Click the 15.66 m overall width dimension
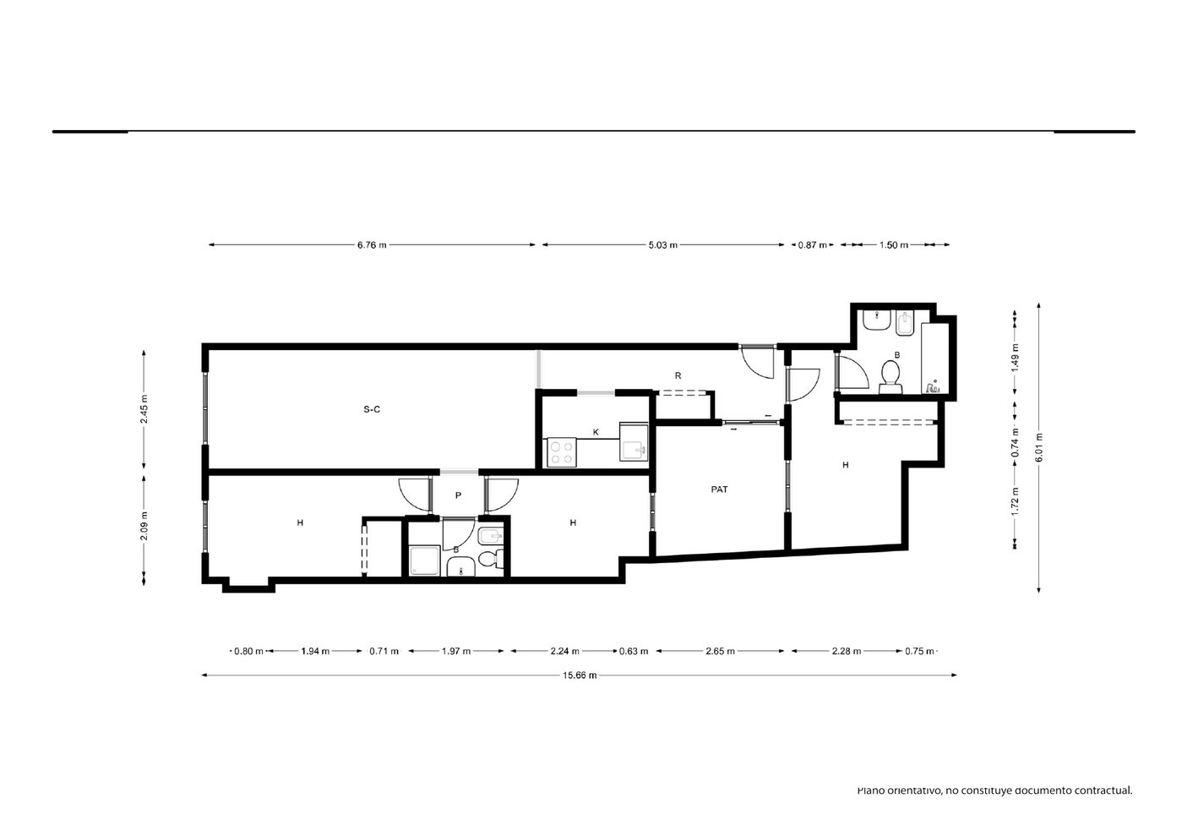(x=580, y=675)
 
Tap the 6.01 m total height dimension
(x=1039, y=447)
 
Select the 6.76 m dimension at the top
(x=372, y=245)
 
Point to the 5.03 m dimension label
(x=662, y=245)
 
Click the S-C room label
(x=372, y=409)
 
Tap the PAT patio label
(x=719, y=490)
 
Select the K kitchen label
(x=596, y=433)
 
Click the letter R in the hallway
(x=678, y=375)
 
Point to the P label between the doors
(x=458, y=495)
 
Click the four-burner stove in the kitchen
(x=562, y=452)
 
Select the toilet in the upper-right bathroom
(x=891, y=377)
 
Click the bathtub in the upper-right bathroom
(x=935, y=358)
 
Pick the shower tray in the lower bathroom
(x=424, y=561)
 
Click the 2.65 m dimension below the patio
(x=720, y=651)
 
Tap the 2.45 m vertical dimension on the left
(x=144, y=409)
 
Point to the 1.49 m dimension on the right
(x=1015, y=358)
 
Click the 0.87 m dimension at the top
(x=812, y=245)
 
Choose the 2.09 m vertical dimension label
(x=144, y=526)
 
